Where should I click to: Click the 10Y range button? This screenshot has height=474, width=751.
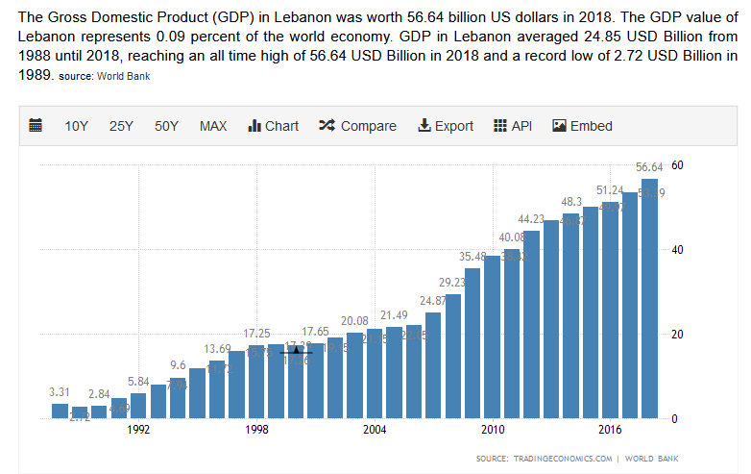click(77, 126)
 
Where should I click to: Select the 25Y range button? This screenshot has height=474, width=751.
click(122, 126)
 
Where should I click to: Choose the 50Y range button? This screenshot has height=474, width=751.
click(167, 126)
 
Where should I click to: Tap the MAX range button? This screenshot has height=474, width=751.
click(213, 126)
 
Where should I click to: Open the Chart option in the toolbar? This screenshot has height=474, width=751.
click(274, 126)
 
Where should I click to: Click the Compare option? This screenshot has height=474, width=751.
click(357, 126)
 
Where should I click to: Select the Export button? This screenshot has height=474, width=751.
click(446, 126)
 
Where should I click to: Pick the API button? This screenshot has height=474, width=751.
click(513, 126)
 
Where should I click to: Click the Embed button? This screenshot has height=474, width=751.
click(582, 126)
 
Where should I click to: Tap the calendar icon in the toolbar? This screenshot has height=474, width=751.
click(36, 126)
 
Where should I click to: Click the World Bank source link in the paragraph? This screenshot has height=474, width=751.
click(122, 75)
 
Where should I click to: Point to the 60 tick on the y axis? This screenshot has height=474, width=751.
click(676, 165)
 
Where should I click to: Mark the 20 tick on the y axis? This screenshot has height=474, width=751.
click(676, 335)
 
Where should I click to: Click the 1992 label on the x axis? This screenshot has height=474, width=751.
click(139, 430)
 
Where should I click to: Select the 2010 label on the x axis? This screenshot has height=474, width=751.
click(493, 430)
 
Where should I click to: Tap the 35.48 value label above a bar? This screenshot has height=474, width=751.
click(472, 257)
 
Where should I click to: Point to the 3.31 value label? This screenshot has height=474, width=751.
click(60, 392)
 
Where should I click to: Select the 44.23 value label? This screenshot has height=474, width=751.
click(532, 219)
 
